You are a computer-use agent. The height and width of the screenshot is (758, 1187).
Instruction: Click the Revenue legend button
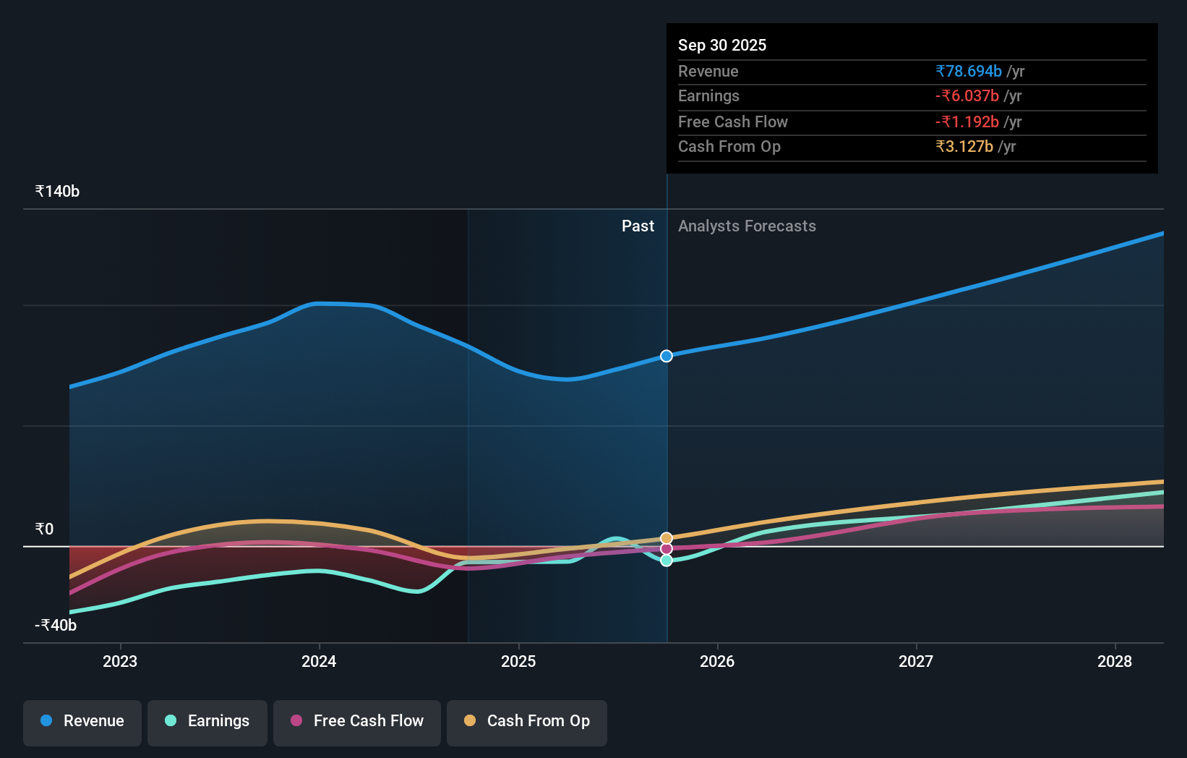[82, 722]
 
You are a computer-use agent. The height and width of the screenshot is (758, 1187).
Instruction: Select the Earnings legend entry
[207, 722]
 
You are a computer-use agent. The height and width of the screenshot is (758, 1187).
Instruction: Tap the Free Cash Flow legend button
[357, 722]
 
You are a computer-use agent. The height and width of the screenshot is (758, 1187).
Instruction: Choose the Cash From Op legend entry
[527, 722]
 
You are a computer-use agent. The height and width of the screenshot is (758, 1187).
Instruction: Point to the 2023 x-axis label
[120, 661]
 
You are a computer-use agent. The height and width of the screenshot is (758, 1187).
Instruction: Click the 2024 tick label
[319, 661]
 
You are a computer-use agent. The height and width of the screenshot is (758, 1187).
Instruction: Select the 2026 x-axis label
[717, 661]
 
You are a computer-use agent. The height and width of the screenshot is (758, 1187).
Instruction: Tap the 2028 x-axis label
[1115, 661]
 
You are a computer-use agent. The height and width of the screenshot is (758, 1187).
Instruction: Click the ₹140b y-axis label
[57, 192]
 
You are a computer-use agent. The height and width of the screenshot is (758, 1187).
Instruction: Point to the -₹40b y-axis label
[56, 626]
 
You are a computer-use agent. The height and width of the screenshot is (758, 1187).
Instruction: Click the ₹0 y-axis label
[44, 529]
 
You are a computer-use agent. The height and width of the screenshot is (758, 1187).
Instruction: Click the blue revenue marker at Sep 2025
[667, 356]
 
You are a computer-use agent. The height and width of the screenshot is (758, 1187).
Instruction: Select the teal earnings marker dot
[667, 561]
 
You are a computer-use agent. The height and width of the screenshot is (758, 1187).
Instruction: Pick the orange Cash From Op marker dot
[667, 538]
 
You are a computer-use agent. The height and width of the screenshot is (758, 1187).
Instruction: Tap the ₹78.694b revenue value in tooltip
[968, 72]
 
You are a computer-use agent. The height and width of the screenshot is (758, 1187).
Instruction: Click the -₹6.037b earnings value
[967, 96]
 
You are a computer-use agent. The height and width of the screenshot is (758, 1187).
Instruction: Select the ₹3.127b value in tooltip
[964, 147]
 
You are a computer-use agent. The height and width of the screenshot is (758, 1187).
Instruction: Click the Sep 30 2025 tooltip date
[722, 46]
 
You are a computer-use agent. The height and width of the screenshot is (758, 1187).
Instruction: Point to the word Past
[638, 226]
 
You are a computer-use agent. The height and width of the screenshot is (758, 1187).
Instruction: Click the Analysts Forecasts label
[747, 226]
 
